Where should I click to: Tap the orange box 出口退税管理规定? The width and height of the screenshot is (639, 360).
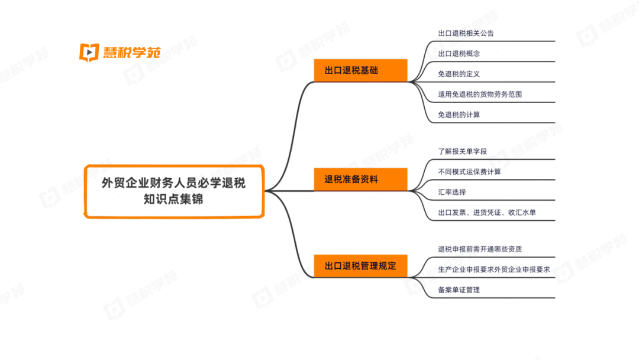(x=361, y=266)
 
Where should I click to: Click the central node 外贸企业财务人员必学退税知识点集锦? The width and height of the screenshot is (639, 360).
(x=173, y=191)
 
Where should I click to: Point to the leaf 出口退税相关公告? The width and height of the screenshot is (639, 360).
(x=466, y=33)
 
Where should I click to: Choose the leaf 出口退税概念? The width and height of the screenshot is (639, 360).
(x=459, y=53)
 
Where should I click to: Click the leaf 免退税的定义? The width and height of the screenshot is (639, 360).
(x=459, y=74)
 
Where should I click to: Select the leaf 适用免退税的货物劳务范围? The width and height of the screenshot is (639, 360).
(x=480, y=94)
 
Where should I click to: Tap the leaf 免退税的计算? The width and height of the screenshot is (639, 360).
(x=459, y=115)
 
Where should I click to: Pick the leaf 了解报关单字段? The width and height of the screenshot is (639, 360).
(x=462, y=151)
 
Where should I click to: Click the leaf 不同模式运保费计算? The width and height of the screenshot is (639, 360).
(x=469, y=172)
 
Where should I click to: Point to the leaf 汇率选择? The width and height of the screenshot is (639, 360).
(x=452, y=192)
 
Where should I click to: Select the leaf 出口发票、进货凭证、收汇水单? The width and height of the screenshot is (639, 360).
(x=487, y=213)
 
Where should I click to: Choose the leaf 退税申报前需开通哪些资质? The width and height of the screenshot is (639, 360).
(x=480, y=249)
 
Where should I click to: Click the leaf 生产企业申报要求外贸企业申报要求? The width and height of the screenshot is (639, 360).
(x=494, y=269)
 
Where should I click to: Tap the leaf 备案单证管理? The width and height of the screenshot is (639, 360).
(x=459, y=290)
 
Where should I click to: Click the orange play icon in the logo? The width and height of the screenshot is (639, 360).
(x=89, y=52)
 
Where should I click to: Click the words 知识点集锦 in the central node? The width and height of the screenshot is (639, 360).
(x=173, y=200)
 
